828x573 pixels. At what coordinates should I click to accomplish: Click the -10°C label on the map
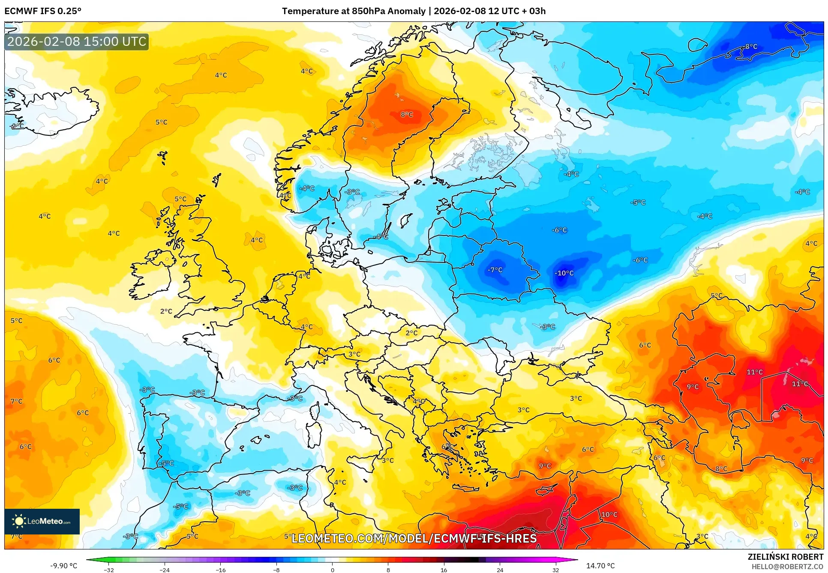pos(564,273)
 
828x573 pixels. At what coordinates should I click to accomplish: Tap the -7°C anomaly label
pos(495,270)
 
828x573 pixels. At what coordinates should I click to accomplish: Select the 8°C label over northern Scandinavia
pos(407,115)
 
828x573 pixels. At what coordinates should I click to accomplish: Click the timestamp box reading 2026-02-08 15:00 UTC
pos(77,42)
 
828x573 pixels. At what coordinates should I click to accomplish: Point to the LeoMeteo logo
pos(42,521)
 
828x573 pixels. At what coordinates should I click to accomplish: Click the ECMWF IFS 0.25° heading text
pos(43,11)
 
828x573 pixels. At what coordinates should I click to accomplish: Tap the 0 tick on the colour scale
pos(332,570)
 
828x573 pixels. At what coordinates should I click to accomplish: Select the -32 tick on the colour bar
pos(109,570)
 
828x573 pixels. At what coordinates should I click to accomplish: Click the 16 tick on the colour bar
pos(444,570)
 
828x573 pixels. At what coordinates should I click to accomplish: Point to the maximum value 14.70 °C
pos(600,566)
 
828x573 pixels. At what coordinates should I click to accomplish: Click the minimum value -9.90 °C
pos(63,566)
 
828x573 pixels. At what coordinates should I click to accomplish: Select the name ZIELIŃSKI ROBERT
pos(785,557)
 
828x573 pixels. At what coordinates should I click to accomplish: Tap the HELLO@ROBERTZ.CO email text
pos(787,567)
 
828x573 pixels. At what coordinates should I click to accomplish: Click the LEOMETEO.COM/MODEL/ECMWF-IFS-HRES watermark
pos(414,538)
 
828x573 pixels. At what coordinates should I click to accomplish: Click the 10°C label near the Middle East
pos(609,515)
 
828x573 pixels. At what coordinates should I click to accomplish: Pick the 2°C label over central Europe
pos(411,333)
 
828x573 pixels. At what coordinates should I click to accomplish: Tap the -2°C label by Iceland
pos(17,126)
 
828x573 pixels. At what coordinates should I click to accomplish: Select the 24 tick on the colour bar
pos(500,570)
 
